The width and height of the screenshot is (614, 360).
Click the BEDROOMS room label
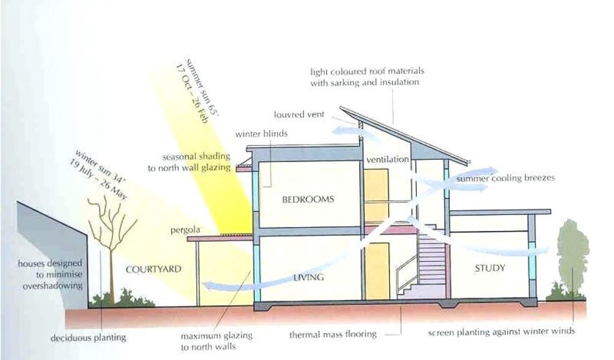pyautogui.click(x=308, y=199)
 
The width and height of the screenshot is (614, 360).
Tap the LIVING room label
pyautogui.click(x=309, y=277)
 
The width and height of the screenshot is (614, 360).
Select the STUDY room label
pyautogui.click(x=490, y=268)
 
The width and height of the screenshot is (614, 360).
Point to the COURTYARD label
pyautogui.click(x=153, y=269)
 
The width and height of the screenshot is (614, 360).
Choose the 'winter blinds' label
pyautogui.click(x=261, y=134)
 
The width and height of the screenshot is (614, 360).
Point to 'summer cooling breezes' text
pyautogui.click(x=505, y=178)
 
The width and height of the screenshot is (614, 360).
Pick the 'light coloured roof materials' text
pyautogui.click(x=364, y=77)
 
